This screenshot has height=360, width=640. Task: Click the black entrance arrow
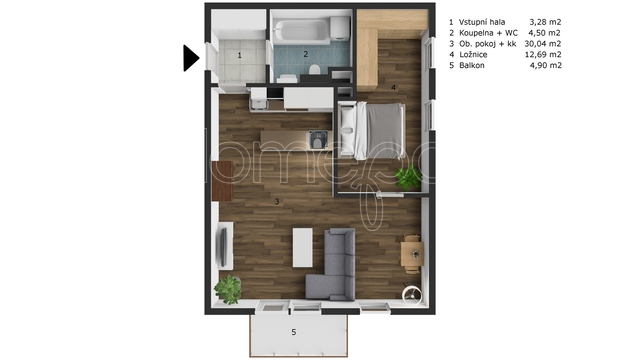191,58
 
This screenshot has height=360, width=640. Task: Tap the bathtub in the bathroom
302,32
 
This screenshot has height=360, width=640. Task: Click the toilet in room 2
314,69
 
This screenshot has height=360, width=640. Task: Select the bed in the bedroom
371,130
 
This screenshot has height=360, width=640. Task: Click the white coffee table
302,248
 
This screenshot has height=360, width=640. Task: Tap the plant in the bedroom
408,177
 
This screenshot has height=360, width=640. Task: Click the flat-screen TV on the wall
223,247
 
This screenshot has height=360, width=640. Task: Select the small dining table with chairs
412,254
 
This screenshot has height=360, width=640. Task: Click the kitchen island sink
318,140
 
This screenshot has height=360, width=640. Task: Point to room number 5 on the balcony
293,332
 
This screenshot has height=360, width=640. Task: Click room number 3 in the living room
277,201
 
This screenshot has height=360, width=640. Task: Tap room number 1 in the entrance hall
240,55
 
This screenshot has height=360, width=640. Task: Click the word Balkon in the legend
472,65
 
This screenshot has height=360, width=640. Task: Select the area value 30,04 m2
543,44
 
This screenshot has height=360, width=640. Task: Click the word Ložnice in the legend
473,55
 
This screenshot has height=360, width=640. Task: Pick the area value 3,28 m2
545,22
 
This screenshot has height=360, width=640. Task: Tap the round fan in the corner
411,295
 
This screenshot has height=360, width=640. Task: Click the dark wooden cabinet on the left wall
222,181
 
